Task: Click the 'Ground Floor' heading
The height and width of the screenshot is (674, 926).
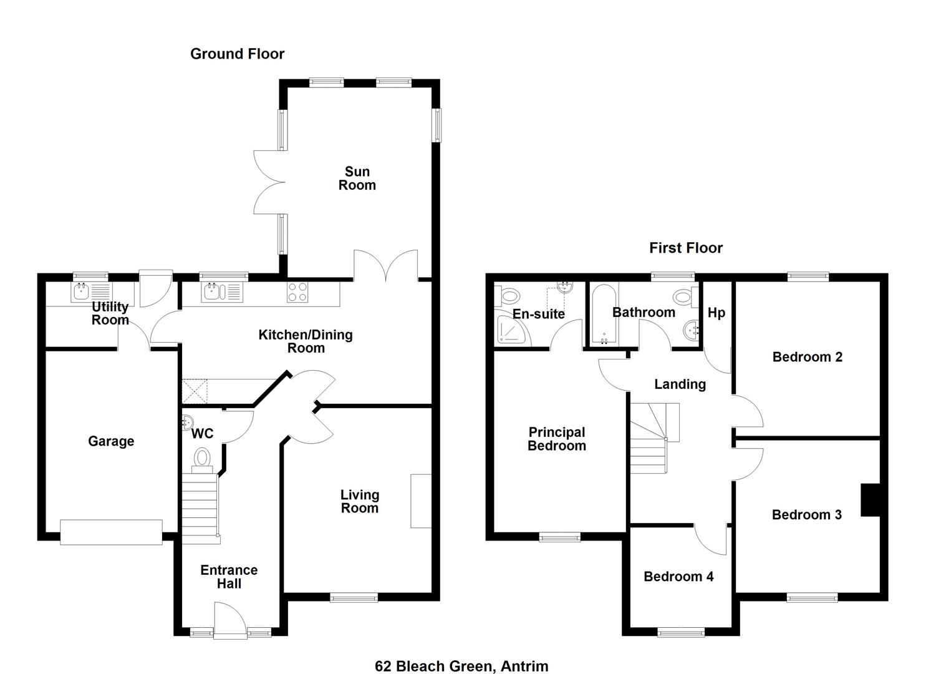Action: click(x=238, y=54)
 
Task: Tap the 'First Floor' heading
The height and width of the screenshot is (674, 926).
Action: click(x=686, y=248)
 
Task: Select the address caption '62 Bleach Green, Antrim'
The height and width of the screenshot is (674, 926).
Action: click(x=462, y=655)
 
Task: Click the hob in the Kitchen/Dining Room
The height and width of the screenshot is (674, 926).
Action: click(x=297, y=292)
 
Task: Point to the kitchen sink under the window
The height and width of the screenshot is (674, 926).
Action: click(x=222, y=292)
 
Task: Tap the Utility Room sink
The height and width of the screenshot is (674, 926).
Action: click(x=92, y=292)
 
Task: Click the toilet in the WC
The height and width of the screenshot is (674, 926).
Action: click(x=202, y=460)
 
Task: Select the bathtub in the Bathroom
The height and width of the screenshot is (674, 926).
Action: click(x=604, y=314)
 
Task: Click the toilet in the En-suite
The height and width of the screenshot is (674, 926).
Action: click(x=507, y=296)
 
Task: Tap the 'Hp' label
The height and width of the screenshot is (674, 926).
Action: click(x=716, y=313)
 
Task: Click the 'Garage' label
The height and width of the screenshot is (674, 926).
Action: click(x=111, y=441)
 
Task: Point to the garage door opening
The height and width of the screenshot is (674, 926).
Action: click(x=111, y=532)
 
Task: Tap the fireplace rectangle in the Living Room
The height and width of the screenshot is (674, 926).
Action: click(x=421, y=501)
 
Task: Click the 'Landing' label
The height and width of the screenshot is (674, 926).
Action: click(x=680, y=384)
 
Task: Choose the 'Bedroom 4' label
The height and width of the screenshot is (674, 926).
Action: click(x=679, y=577)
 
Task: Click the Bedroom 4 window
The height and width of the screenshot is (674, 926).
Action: click(x=681, y=633)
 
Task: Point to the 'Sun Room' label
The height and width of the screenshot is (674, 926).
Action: click(x=357, y=178)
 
